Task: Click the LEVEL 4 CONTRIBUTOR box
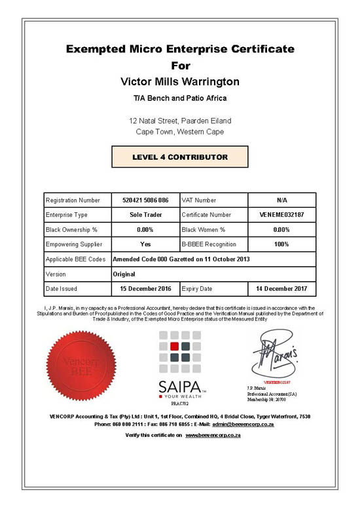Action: (x=180, y=157)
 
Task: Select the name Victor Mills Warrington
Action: (x=180, y=82)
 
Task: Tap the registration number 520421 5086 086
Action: (x=145, y=200)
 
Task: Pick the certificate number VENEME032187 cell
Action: (x=281, y=214)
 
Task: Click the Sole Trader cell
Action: (x=145, y=214)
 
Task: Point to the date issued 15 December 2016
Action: (x=145, y=288)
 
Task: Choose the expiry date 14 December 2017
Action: (x=281, y=288)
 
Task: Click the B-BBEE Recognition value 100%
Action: (x=281, y=244)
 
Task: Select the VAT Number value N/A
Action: (x=281, y=200)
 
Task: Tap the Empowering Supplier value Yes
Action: (x=145, y=244)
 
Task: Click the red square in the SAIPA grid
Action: (x=174, y=346)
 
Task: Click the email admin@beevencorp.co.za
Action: (x=243, y=424)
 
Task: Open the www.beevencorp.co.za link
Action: (x=210, y=435)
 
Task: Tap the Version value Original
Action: (x=124, y=274)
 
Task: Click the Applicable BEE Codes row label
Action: (x=76, y=259)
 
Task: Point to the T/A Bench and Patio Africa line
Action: (x=180, y=98)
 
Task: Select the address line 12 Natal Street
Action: (x=180, y=121)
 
